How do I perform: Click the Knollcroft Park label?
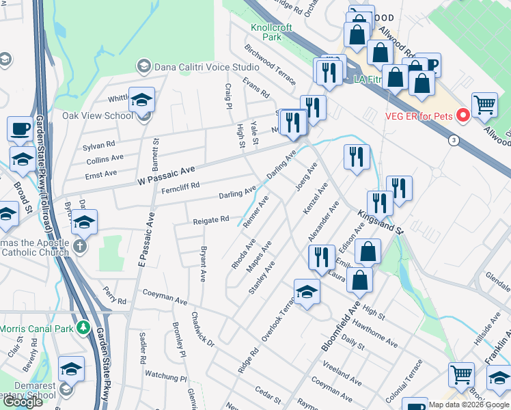tap(271, 32)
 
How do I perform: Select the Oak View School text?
tap(98, 115)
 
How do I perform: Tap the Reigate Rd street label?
tap(210, 220)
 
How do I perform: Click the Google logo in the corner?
tap(23, 402)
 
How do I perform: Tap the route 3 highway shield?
tap(453, 140)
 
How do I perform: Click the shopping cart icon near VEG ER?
tap(484, 104)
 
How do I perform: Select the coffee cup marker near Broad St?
tap(20, 128)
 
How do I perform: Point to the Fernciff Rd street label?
tap(176, 186)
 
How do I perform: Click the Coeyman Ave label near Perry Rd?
tap(165, 297)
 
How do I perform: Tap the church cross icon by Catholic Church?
tap(81, 246)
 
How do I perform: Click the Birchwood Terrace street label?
tap(270, 65)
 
